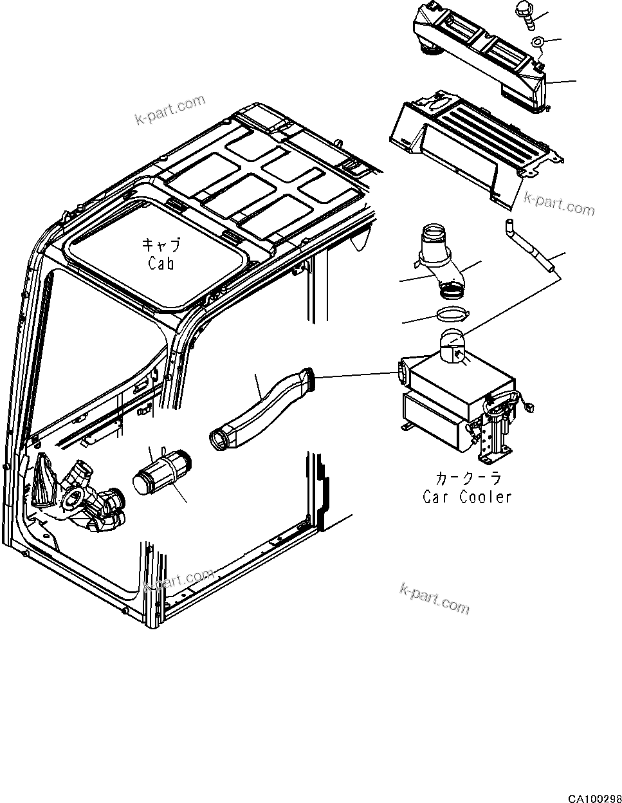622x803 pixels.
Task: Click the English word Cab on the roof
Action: [x=160, y=263]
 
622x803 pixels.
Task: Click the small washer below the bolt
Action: [x=538, y=43]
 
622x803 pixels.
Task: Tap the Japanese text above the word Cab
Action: [x=161, y=246]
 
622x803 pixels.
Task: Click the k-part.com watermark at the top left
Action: [x=170, y=110]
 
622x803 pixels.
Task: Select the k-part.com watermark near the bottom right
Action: [x=435, y=598]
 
